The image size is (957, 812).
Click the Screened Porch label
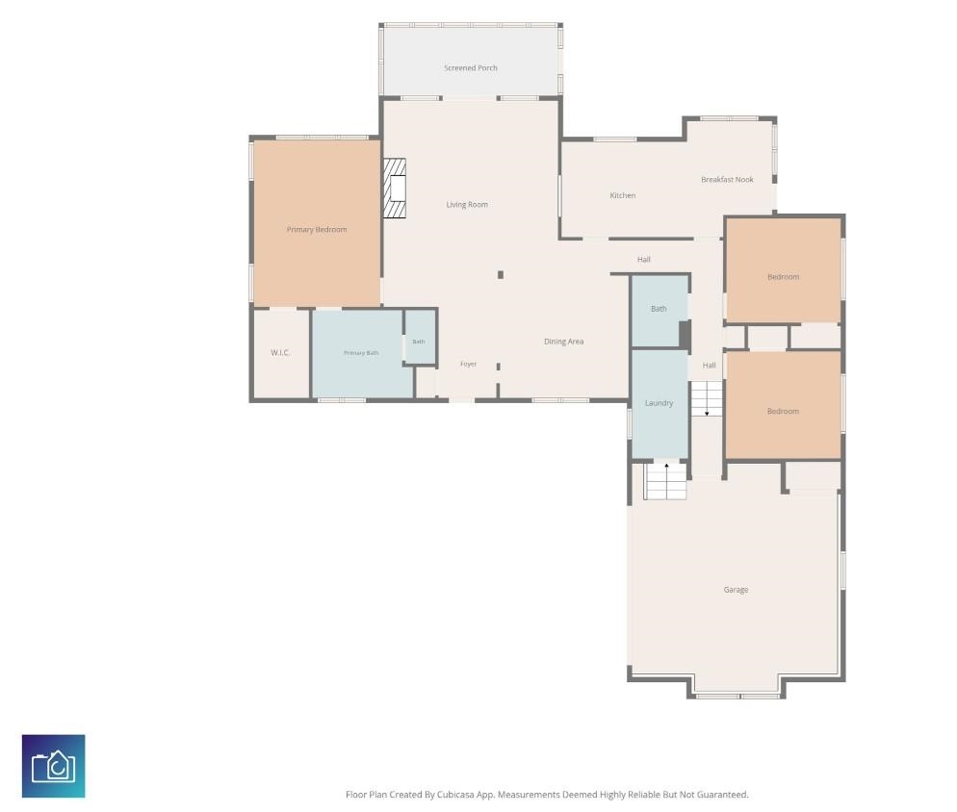pyautogui.click(x=471, y=67)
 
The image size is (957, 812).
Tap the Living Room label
pyautogui.click(x=467, y=204)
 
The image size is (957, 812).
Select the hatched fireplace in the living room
pyautogui.click(x=395, y=189)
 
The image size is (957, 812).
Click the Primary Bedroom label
pyautogui.click(x=317, y=229)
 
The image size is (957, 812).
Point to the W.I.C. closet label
pyautogui.click(x=280, y=353)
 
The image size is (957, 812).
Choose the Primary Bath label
pyautogui.click(x=361, y=353)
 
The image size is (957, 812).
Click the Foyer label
pyautogui.click(x=468, y=364)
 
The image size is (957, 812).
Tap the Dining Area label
pyautogui.click(x=564, y=342)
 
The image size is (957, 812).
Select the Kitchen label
pyautogui.click(x=623, y=195)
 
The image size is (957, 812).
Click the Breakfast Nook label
pyautogui.click(x=727, y=179)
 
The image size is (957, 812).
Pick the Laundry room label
pyautogui.click(x=660, y=403)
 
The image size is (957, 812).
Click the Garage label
pyautogui.click(x=736, y=590)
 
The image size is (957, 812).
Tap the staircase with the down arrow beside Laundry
pyautogui.click(x=707, y=399)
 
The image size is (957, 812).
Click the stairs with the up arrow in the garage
pyautogui.click(x=666, y=481)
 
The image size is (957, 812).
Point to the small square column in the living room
pyautogui.click(x=501, y=275)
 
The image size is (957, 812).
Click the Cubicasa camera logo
pyautogui.click(x=54, y=766)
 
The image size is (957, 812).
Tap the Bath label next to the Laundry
pyautogui.click(x=659, y=309)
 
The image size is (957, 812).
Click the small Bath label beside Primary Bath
pyautogui.click(x=419, y=342)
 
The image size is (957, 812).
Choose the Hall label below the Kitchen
pyautogui.click(x=644, y=259)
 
